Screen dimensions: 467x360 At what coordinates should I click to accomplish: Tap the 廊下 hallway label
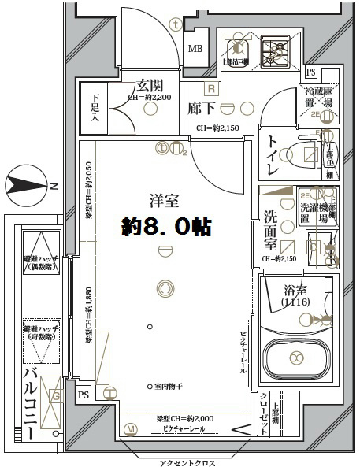tap(202, 108)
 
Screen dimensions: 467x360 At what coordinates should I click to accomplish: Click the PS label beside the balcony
tap(84, 395)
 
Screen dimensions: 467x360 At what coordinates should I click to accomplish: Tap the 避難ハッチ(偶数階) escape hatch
tap(39, 259)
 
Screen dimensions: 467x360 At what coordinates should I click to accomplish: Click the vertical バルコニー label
tap(31, 406)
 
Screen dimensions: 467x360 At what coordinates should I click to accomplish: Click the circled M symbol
tap(131, 429)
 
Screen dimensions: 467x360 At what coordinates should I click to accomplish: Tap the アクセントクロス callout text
tap(183, 461)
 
